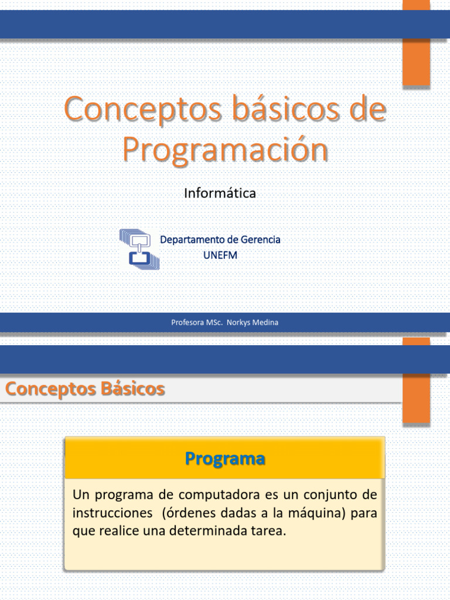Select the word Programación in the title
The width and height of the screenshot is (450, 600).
(x=225, y=150)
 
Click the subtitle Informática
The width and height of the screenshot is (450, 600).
(x=220, y=193)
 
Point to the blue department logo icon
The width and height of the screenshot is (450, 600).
(x=139, y=248)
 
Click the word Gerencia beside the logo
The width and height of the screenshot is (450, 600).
(x=260, y=240)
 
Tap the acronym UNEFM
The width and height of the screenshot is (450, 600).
(x=220, y=255)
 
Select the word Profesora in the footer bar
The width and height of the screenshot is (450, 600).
(x=187, y=322)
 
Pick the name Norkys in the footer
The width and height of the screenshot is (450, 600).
(x=238, y=322)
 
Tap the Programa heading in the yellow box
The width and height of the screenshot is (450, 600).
(x=225, y=458)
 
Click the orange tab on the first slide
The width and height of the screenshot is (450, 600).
(x=417, y=44)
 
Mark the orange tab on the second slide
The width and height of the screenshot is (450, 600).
(x=417, y=381)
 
